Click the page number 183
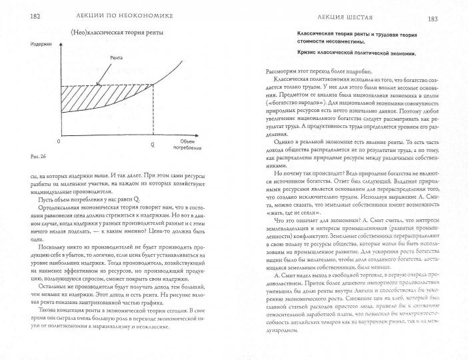(x=450, y=7)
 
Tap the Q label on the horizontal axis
(x=153, y=143)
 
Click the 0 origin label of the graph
(x=59, y=142)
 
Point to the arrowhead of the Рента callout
(x=98, y=83)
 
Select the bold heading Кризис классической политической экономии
(x=357, y=53)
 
